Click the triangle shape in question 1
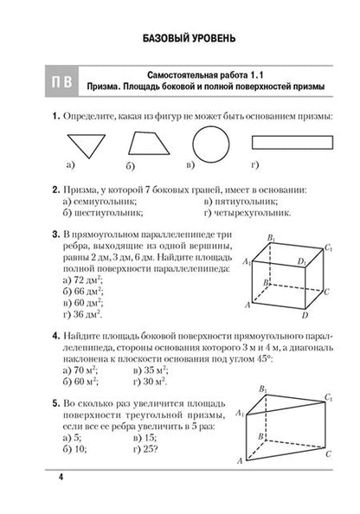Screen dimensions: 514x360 pyautogui.click(x=72, y=143)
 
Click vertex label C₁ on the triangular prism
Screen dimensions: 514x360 pyautogui.click(x=328, y=398)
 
